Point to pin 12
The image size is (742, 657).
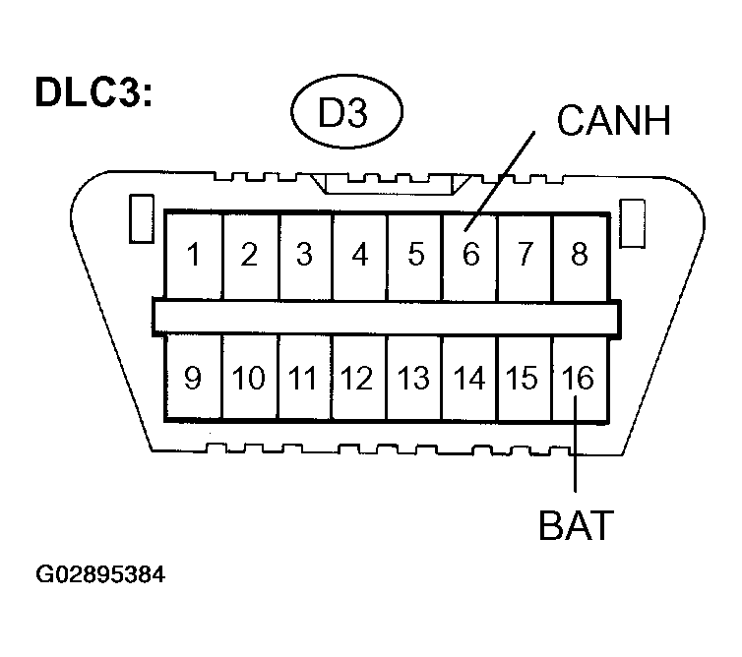click(x=360, y=378)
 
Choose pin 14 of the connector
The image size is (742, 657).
click(x=470, y=378)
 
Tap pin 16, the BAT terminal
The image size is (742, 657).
click(x=580, y=378)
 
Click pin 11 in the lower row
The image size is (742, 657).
click(x=304, y=378)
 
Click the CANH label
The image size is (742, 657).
click(x=613, y=122)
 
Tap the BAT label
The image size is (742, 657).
click(x=576, y=524)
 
